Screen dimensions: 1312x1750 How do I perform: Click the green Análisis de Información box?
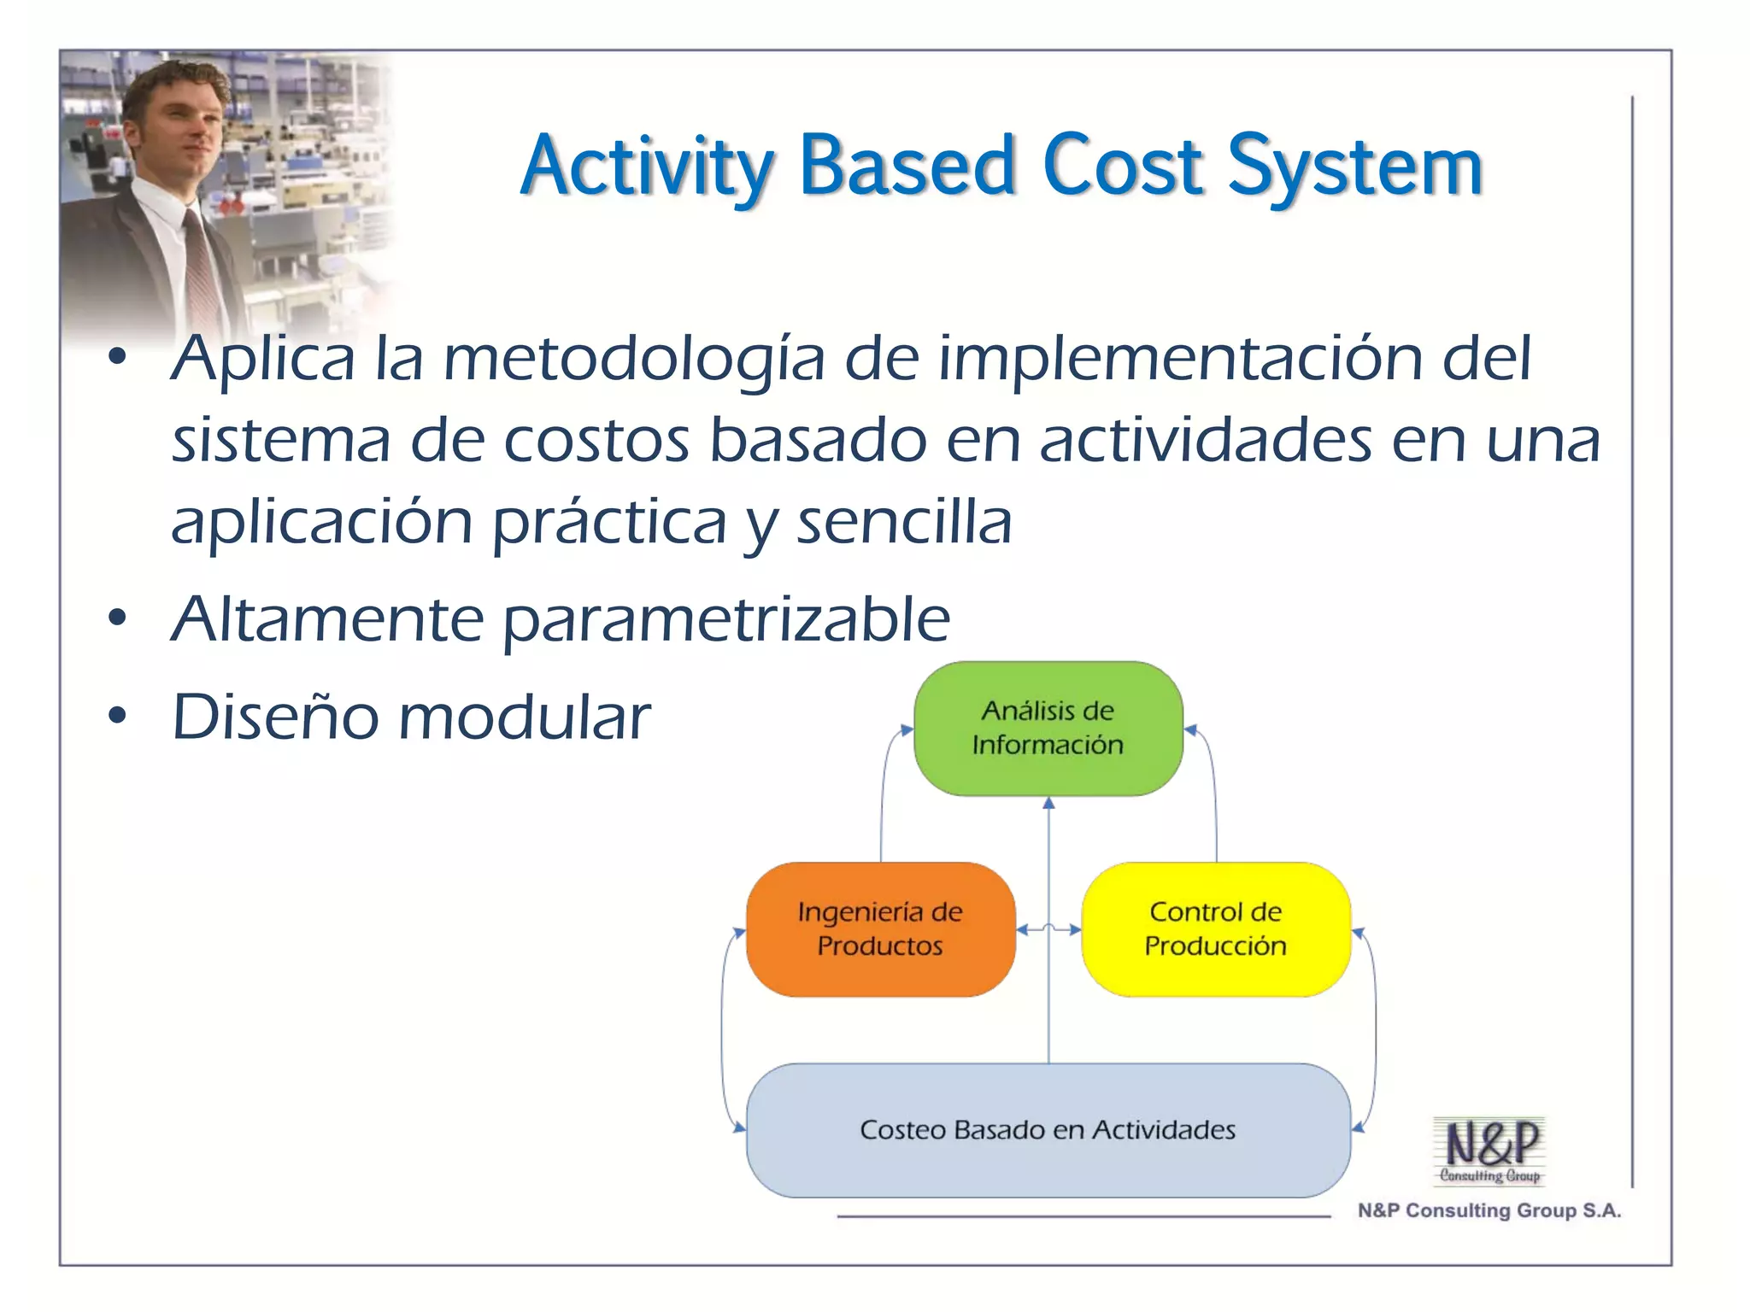pyautogui.click(x=1048, y=728)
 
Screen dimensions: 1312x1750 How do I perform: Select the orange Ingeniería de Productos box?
pyautogui.click(x=880, y=928)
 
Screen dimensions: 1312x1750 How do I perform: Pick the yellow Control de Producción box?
pyautogui.click(x=1215, y=928)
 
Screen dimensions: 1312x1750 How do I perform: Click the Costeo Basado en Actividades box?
pyautogui.click(x=1048, y=1129)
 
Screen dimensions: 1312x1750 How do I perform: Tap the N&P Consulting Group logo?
pyautogui.click(x=1489, y=1150)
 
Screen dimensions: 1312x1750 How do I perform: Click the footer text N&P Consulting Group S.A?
pyautogui.click(x=1489, y=1210)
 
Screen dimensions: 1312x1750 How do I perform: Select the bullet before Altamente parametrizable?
pyautogui.click(x=118, y=618)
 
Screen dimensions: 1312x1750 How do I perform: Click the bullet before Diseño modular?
pyautogui.click(x=118, y=716)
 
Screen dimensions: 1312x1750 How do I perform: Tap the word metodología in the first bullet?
pyautogui.click(x=634, y=359)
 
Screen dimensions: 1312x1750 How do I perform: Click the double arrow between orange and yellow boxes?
pyautogui.click(x=1048, y=929)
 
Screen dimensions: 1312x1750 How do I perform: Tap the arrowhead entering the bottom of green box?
pyautogui.click(x=1048, y=804)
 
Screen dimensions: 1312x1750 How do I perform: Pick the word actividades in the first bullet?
pyautogui.click(x=1206, y=441)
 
